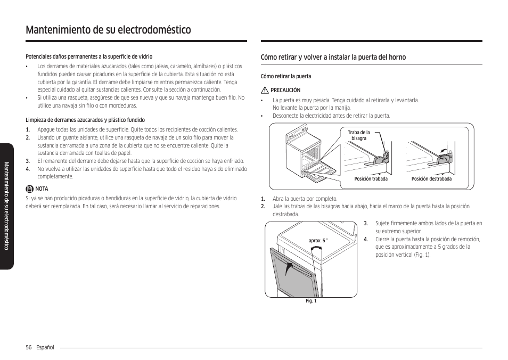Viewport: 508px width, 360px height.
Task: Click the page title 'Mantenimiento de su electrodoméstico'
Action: pos(108,30)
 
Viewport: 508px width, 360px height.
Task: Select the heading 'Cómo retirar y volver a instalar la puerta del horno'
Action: pos(333,57)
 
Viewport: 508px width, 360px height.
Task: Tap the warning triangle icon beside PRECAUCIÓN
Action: pos(264,91)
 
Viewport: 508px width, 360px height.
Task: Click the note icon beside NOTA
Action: pos(30,189)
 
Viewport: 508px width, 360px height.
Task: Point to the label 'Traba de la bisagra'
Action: pos(358,135)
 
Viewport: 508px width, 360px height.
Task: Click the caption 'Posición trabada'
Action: pos(371,179)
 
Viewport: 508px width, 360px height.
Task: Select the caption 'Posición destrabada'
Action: pos(431,179)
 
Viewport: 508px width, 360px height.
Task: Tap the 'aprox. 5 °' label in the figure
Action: pos(318,241)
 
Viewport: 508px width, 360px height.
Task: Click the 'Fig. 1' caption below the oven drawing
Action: pos(311,301)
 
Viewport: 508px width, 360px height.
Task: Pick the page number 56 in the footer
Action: pos(29,347)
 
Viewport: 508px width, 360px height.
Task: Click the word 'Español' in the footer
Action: pos(45,347)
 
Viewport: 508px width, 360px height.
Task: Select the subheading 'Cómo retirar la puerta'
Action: pos(285,76)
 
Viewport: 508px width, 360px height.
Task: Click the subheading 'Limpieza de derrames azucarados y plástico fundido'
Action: pos(85,120)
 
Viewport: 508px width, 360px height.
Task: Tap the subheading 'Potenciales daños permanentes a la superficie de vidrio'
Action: pos(89,56)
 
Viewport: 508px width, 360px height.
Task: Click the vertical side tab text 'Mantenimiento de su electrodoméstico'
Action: pos(7,206)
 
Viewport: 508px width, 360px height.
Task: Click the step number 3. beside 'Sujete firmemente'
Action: pos(366,224)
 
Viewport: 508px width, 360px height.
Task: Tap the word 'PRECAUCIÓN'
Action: pos(285,91)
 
